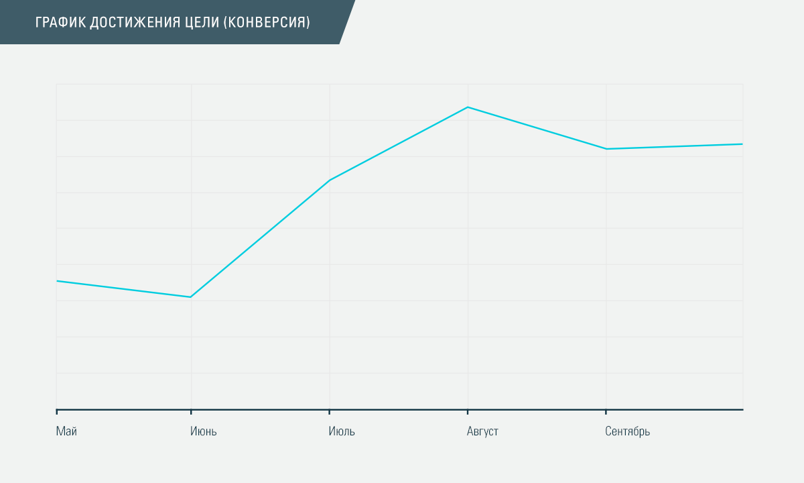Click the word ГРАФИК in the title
(60, 22)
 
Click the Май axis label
(66, 431)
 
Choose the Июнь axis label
(204, 431)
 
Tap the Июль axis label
(342, 431)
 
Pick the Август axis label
(482, 431)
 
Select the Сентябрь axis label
(627, 431)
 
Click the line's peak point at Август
(468, 107)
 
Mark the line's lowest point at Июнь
(191, 297)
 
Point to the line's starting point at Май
(57, 281)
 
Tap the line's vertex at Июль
(329, 180)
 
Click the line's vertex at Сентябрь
(606, 149)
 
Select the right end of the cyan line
(742, 144)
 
